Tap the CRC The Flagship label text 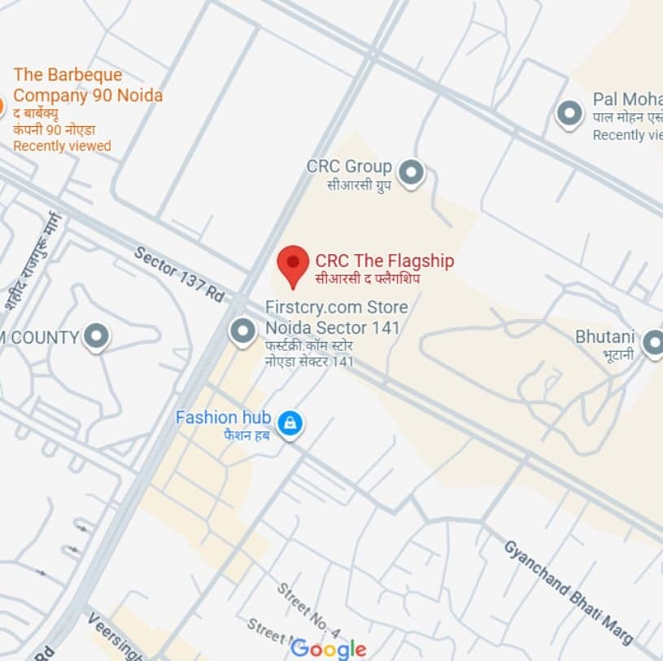[384, 261]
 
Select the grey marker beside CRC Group [412, 172]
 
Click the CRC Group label [349, 167]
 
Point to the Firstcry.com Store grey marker [242, 332]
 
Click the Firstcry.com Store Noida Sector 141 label [336, 317]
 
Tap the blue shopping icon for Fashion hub [290, 422]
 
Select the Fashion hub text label [223, 418]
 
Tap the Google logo [329, 648]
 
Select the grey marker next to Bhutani [652, 343]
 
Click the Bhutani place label [604, 336]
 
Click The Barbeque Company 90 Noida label [88, 85]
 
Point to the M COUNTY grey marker [97, 336]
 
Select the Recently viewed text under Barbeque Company [62, 147]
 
